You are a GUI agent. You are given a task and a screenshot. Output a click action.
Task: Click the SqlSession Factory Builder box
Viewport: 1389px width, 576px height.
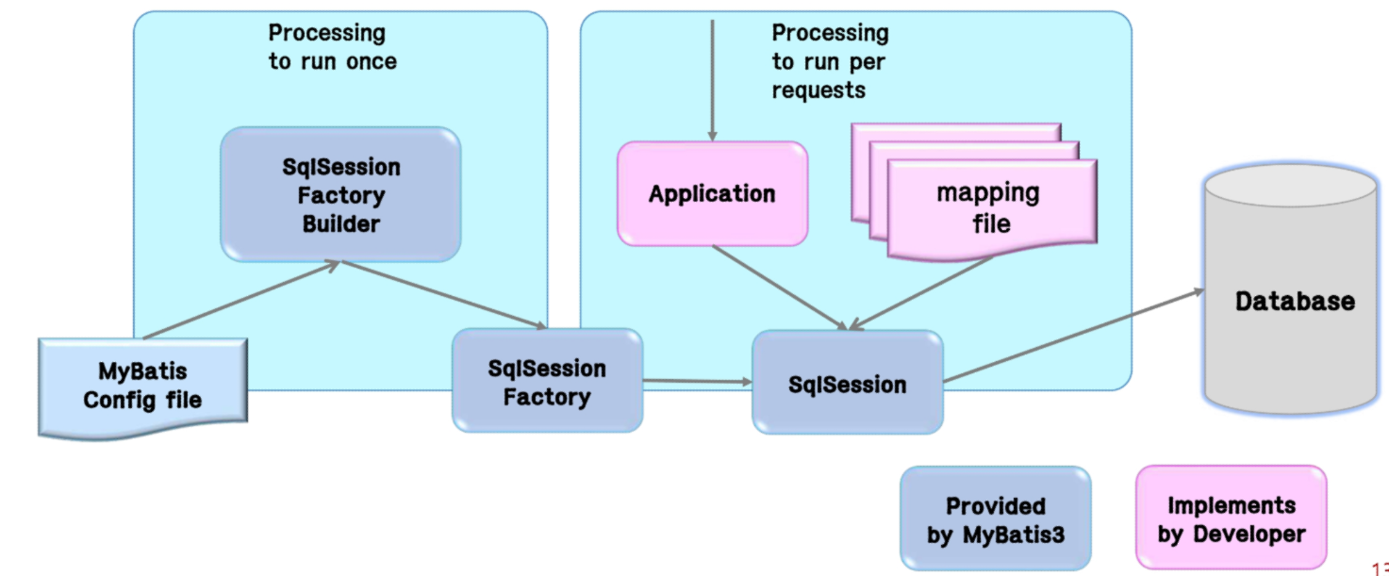[x=340, y=194]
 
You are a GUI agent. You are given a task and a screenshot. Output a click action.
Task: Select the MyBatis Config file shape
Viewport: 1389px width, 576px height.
[x=142, y=387]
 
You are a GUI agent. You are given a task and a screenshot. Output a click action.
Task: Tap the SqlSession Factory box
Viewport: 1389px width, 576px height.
[x=547, y=381]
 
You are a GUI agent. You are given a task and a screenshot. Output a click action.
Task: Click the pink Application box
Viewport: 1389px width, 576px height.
[x=712, y=194]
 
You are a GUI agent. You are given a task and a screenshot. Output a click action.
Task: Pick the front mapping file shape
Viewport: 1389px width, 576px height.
[x=990, y=209]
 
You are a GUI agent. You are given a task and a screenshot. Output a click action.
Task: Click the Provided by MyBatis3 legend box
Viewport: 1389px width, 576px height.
[x=995, y=519]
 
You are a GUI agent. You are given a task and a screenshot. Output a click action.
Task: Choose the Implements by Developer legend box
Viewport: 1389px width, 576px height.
[x=1231, y=519]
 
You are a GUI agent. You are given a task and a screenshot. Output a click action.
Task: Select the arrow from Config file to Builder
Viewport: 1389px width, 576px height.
[x=240, y=301]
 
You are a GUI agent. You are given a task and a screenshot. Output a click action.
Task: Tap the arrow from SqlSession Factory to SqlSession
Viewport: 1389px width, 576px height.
[x=697, y=381]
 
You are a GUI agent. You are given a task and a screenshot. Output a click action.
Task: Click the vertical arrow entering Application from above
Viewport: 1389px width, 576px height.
[x=712, y=80]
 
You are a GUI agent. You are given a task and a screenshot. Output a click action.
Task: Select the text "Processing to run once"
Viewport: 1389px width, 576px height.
[x=331, y=47]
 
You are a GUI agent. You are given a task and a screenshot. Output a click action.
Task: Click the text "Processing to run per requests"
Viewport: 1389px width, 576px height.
[x=830, y=61]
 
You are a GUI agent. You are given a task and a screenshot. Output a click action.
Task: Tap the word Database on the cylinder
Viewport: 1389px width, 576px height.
[x=1295, y=302]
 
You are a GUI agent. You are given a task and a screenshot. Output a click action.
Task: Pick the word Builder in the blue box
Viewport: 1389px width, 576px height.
[x=340, y=225]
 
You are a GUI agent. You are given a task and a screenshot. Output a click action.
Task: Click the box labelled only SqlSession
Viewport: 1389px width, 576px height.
[x=847, y=384]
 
